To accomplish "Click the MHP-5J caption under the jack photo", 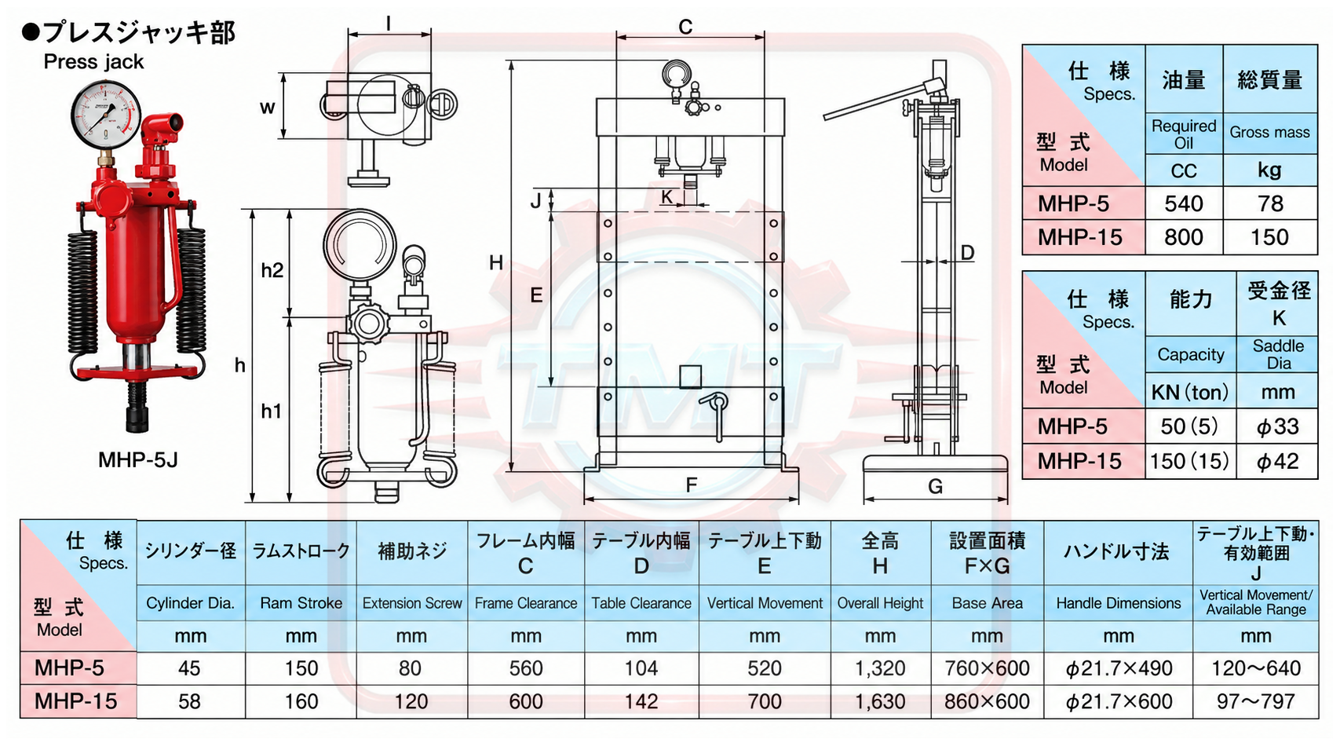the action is point(137,459).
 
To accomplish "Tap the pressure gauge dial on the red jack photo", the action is point(106,114).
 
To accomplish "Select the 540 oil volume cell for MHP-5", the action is point(1183,203).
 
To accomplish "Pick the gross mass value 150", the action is point(1269,237).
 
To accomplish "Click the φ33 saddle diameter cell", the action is point(1277,426).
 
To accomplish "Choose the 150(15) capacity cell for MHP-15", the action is point(1189,461).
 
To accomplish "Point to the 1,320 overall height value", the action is point(880,668).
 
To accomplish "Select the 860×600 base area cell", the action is point(987,701).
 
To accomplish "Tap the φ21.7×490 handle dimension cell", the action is point(1118,668).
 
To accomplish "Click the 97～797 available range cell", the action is point(1256,701).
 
